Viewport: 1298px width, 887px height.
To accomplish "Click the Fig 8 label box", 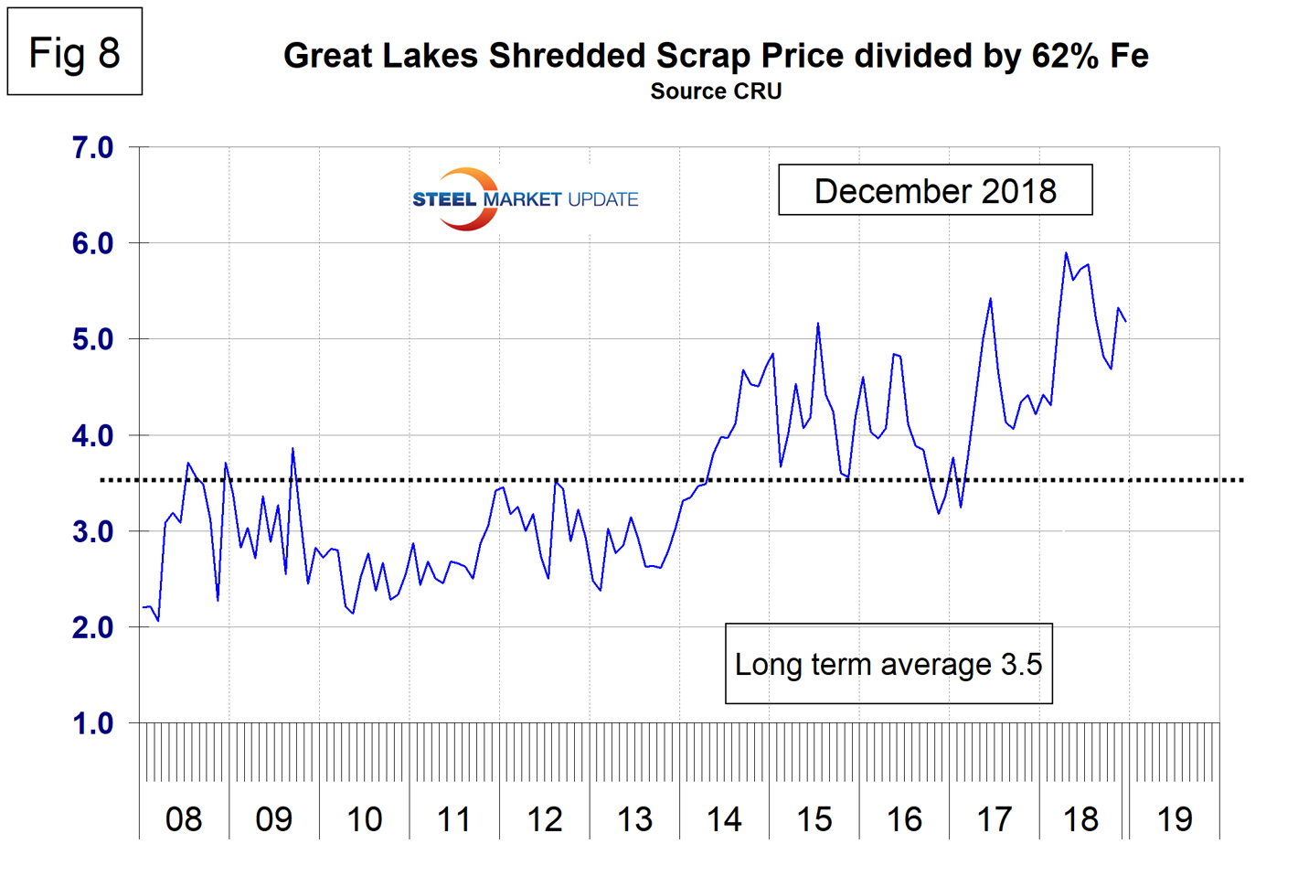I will point(75,52).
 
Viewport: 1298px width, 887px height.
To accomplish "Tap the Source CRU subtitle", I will point(716,91).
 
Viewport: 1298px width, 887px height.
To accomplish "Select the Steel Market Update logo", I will point(525,198).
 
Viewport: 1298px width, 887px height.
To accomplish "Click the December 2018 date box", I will point(934,190).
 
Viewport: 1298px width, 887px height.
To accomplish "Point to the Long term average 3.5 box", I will point(888,664).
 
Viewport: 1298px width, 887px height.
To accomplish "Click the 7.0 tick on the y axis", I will point(92,147).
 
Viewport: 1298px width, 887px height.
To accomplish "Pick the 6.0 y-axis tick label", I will point(92,243).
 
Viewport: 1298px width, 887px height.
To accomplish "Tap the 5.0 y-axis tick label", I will point(92,339).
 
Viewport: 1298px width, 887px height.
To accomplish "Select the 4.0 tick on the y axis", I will point(92,435).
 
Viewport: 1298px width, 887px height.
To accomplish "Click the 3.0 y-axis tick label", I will point(92,531).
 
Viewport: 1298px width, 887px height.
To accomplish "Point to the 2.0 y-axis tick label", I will point(92,627).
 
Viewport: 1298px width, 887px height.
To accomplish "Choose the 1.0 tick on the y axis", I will point(92,723).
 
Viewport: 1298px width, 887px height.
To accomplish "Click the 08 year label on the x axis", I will point(184,819).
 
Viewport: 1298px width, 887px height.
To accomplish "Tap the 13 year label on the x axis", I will point(634,819).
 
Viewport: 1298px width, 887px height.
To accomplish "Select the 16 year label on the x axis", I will point(904,819).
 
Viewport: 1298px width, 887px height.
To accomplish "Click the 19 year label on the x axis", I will point(1175,819).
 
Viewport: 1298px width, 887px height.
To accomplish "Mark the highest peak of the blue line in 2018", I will point(1066,253).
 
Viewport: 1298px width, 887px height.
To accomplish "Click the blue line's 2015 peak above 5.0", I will point(818,323).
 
